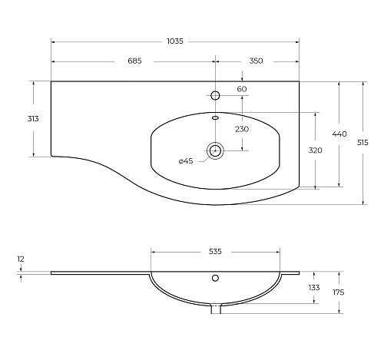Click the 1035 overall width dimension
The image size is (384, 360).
click(175, 41)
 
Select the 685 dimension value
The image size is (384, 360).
click(134, 61)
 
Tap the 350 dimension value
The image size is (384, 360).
click(256, 61)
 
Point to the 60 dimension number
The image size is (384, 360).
click(242, 89)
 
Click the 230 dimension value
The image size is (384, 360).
click(242, 129)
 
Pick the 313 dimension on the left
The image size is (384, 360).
click(33, 119)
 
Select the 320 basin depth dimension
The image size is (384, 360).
click(315, 150)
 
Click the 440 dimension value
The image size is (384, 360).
click(339, 134)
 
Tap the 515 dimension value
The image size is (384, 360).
click(362, 143)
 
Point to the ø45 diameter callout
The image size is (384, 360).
click(186, 161)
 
